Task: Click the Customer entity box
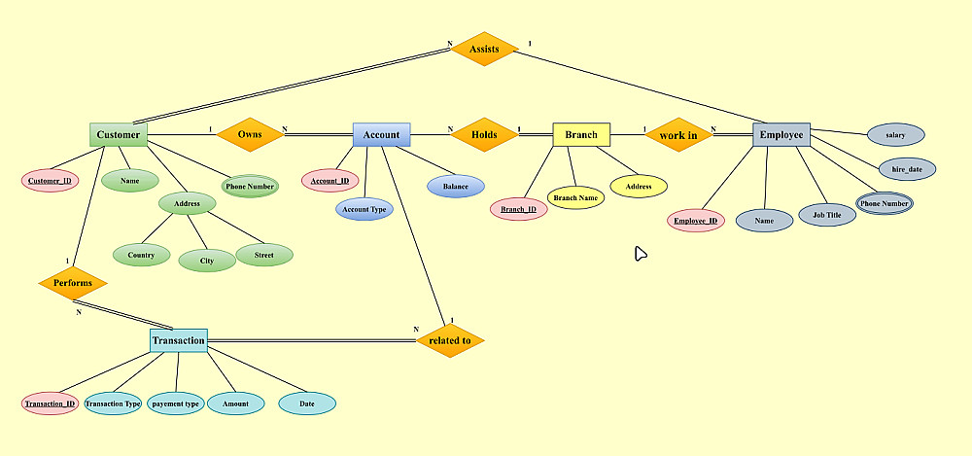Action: point(119,135)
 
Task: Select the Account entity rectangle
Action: point(381,135)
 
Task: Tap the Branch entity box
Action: point(581,135)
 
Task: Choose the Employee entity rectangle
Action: point(781,135)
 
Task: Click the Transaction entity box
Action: point(179,340)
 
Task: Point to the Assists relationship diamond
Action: point(484,49)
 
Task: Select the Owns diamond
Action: point(250,135)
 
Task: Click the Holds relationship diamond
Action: point(484,135)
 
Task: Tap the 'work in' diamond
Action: point(678,135)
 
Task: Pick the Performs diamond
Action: point(73,283)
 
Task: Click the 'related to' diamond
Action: point(449,340)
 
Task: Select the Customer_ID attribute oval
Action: point(50,181)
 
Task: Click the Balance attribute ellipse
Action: point(456,186)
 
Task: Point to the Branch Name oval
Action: point(575,197)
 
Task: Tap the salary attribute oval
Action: point(895,135)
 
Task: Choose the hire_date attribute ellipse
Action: point(907,169)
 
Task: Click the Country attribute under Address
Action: point(141,256)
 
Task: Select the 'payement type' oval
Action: point(176,403)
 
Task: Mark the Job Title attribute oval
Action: point(827,215)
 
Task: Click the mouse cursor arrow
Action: point(640,253)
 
